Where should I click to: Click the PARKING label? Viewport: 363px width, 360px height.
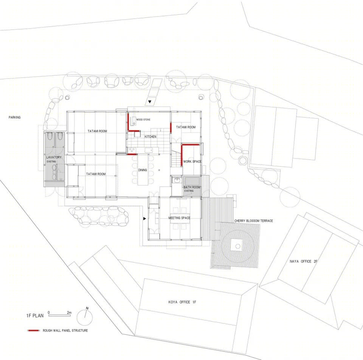pyautogui.click(x=15, y=117)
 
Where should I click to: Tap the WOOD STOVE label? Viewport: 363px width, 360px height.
pyautogui.click(x=143, y=119)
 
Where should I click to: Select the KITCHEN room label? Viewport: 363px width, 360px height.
pyautogui.click(x=150, y=137)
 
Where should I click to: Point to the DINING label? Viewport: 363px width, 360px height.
pyautogui.click(x=143, y=170)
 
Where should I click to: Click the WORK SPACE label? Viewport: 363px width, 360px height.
pyautogui.click(x=192, y=161)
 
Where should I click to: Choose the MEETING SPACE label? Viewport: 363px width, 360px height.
pyautogui.click(x=179, y=218)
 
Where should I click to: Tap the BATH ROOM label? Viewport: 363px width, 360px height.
pyautogui.click(x=192, y=187)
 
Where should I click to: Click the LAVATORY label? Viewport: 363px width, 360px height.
pyautogui.click(x=54, y=157)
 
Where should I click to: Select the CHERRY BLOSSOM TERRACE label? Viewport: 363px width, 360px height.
pyautogui.click(x=253, y=221)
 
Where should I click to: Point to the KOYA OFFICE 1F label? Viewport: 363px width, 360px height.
pyautogui.click(x=182, y=302)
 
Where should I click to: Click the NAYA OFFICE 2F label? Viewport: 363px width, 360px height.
pyautogui.click(x=303, y=261)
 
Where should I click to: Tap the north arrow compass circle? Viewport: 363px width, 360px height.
pyautogui.click(x=85, y=317)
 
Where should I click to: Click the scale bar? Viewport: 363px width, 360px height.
pyautogui.click(x=59, y=315)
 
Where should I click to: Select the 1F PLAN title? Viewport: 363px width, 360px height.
pyautogui.click(x=35, y=315)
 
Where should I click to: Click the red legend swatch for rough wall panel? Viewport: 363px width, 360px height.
pyautogui.click(x=34, y=331)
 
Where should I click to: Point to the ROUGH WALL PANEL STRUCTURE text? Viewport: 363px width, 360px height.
pyautogui.click(x=65, y=331)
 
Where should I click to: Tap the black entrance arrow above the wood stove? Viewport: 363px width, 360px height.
pyautogui.click(x=150, y=102)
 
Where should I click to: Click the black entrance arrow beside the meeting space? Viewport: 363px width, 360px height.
pyautogui.click(x=145, y=218)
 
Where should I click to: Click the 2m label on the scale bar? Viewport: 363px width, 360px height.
pyautogui.click(x=69, y=313)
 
